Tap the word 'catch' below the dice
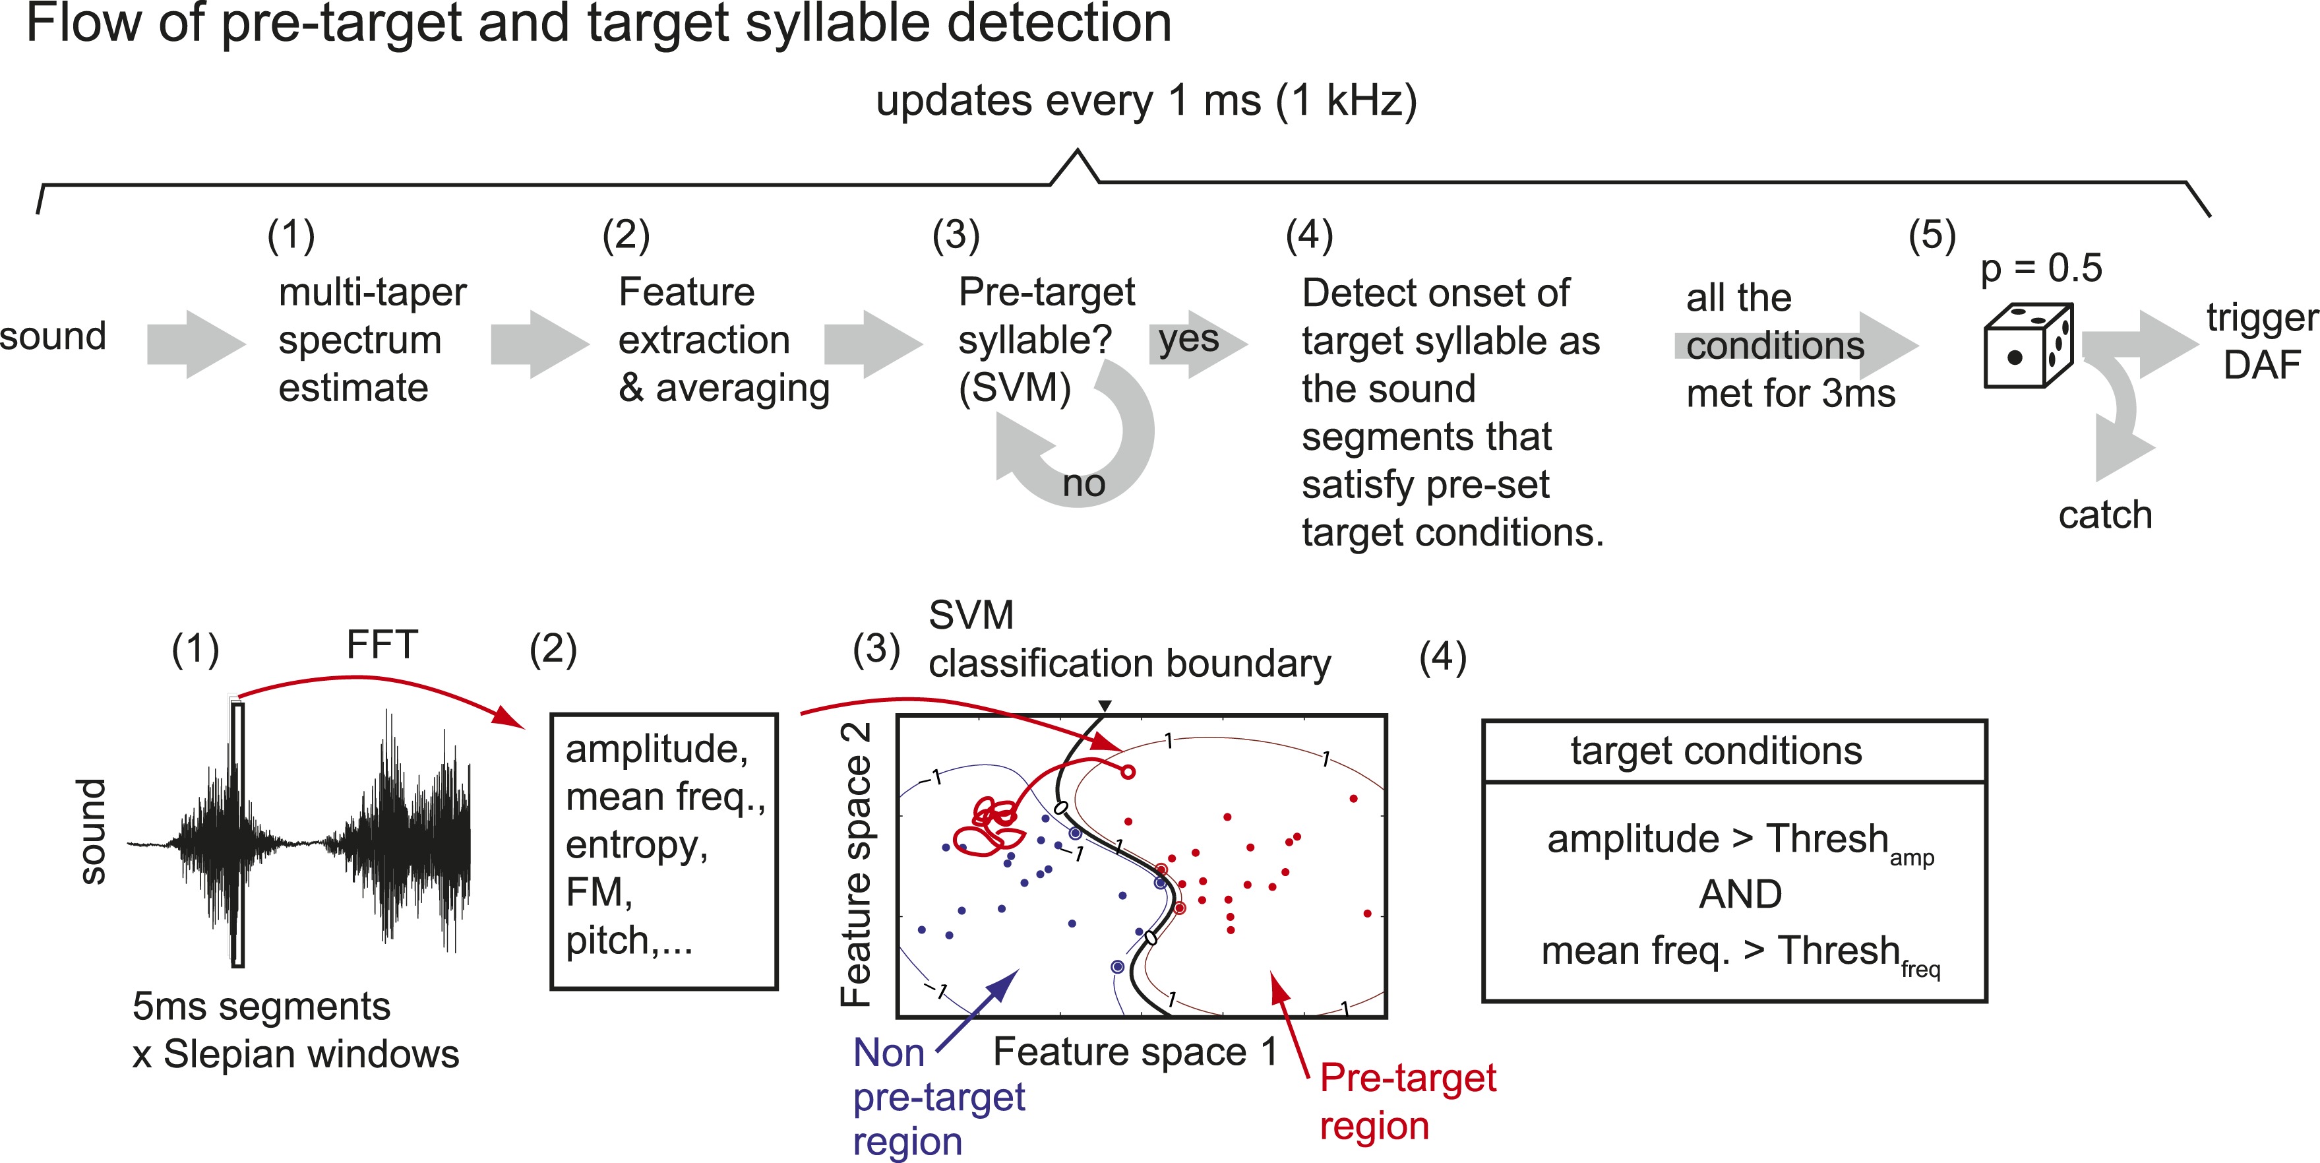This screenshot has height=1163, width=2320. tap(2105, 515)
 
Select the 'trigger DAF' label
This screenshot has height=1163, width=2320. tap(2261, 342)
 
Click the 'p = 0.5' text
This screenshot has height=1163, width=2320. tap(2041, 268)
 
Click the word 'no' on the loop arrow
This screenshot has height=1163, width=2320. tap(1084, 484)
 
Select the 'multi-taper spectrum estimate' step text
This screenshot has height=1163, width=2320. tap(371, 340)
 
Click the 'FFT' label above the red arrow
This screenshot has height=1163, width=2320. tap(382, 645)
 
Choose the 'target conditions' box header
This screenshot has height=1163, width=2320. tap(1716, 751)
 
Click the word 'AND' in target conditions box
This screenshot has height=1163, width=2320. tap(1739, 895)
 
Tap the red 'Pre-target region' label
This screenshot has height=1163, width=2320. tap(1407, 1101)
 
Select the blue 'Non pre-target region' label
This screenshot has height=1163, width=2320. tap(936, 1097)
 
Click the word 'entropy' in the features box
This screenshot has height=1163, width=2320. tap(636, 846)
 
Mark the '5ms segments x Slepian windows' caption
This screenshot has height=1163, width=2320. tap(295, 1030)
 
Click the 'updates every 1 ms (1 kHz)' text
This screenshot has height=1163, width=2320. tap(1145, 101)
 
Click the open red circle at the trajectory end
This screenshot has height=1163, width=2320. tap(1126, 772)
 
